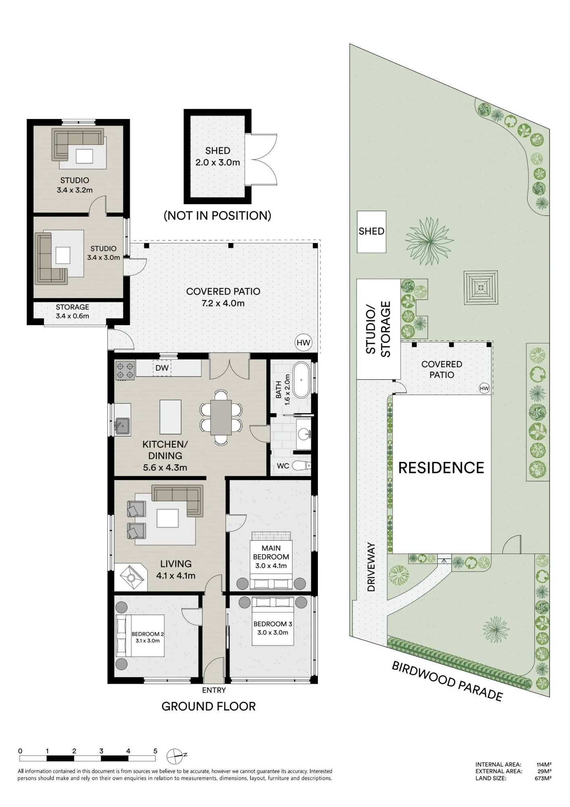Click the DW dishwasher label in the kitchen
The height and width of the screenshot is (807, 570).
point(162,368)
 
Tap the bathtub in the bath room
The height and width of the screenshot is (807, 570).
point(301,380)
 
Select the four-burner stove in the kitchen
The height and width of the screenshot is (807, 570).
point(125,371)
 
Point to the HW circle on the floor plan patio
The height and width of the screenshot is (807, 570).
point(303,343)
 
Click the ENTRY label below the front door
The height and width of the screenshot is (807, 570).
point(214,690)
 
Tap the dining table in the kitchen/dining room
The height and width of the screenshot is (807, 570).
point(221,417)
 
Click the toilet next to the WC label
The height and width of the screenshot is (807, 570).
point(302,466)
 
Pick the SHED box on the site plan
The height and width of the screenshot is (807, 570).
point(372,232)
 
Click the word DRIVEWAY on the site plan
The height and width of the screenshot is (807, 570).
point(371,567)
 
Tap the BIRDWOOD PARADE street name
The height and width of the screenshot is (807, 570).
point(447,682)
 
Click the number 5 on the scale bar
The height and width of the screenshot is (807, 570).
point(155,751)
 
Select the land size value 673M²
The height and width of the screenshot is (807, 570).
point(543,778)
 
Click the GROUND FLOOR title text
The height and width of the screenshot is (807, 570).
point(209,707)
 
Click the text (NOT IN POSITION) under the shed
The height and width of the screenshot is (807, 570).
point(217,215)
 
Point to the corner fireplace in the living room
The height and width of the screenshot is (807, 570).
point(130,577)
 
